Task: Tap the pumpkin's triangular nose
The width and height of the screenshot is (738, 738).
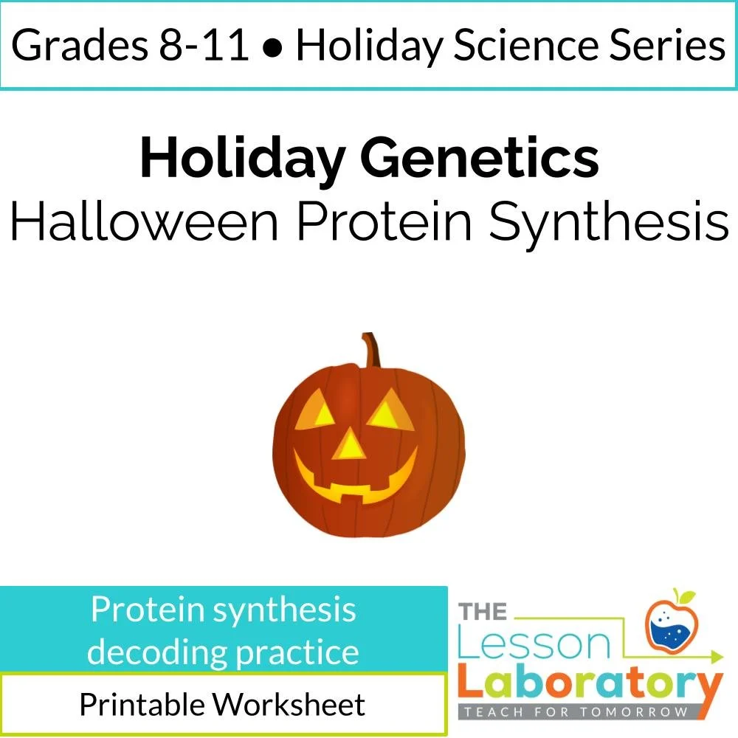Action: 350,444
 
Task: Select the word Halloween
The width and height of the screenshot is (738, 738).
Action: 144,221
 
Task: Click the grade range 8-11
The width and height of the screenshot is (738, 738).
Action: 208,46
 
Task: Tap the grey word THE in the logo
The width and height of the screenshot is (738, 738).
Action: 483,612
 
